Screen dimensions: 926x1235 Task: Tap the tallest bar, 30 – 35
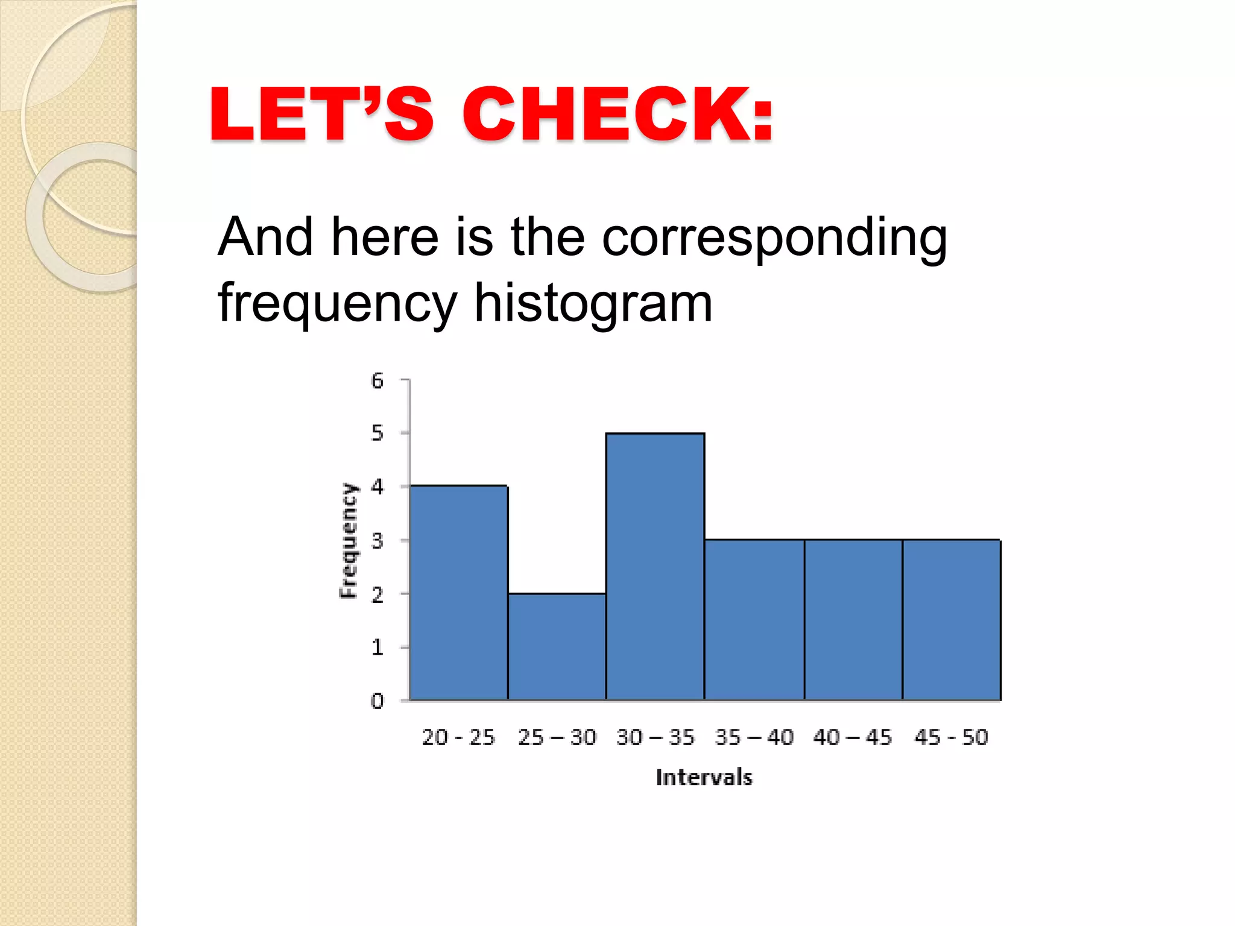pyautogui.click(x=655, y=566)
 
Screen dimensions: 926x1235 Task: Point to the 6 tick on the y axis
pyautogui.click(x=377, y=380)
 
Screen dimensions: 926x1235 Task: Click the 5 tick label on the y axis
pyautogui.click(x=377, y=433)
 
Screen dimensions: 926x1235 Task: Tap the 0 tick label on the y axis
pyautogui.click(x=377, y=701)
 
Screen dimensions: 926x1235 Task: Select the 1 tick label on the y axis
pyautogui.click(x=377, y=647)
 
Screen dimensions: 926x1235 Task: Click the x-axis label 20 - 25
pyautogui.click(x=458, y=737)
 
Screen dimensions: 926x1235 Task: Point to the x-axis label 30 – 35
pyautogui.click(x=655, y=737)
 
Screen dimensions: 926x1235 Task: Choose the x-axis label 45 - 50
pyautogui.click(x=951, y=737)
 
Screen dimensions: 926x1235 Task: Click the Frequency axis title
pyautogui.click(x=348, y=540)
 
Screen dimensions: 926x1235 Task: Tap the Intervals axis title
pyautogui.click(x=704, y=777)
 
